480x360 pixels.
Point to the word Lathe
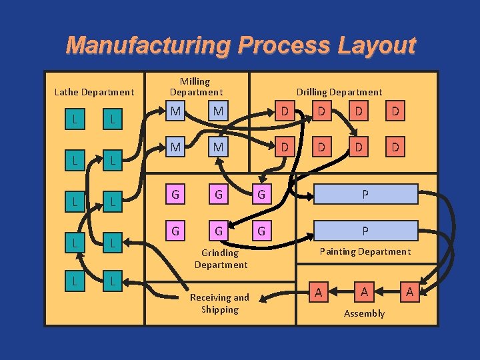pyautogui.click(x=67, y=92)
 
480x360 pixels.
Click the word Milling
pyautogui.click(x=195, y=81)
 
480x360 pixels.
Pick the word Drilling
pyautogui.click(x=317, y=92)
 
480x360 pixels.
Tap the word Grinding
pyautogui.click(x=220, y=253)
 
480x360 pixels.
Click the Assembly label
pyautogui.click(x=364, y=313)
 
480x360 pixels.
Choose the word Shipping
pyautogui.click(x=220, y=309)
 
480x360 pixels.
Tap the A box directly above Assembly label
pyautogui.click(x=364, y=291)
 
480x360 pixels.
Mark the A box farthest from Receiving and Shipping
pyautogui.click(x=409, y=291)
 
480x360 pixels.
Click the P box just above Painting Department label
pyautogui.click(x=365, y=231)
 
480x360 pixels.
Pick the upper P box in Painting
pyautogui.click(x=365, y=194)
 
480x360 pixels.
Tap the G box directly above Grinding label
pyautogui.click(x=219, y=231)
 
